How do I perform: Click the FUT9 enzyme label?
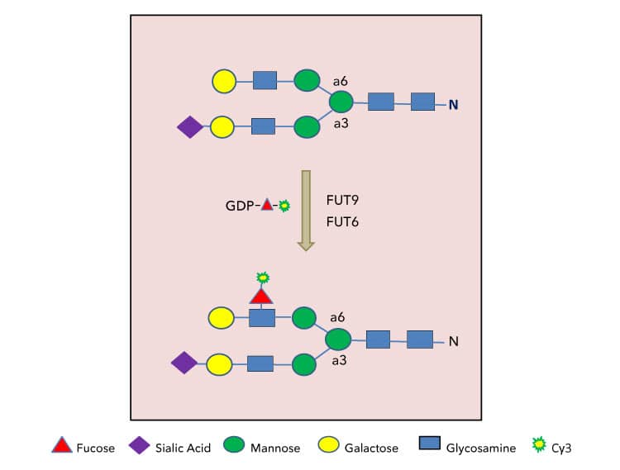click(x=343, y=200)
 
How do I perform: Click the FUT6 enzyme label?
click(x=343, y=222)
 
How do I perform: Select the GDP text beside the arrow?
click(x=241, y=205)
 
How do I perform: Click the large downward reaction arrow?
click(x=306, y=210)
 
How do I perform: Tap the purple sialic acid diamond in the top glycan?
click(x=190, y=127)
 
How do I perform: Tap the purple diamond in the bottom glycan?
click(x=184, y=363)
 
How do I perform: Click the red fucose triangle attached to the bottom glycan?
click(x=261, y=295)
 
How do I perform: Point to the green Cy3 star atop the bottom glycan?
click(x=262, y=277)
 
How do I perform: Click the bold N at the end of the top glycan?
click(x=453, y=104)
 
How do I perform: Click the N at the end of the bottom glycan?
click(x=453, y=340)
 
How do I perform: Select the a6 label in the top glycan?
click(x=340, y=81)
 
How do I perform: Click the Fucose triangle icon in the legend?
click(x=60, y=447)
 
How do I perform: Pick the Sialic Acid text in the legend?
click(x=183, y=448)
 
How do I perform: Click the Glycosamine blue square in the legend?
click(x=429, y=447)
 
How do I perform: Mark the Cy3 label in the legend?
click(x=565, y=448)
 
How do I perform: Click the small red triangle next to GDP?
click(x=267, y=205)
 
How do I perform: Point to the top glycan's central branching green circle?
click(x=341, y=102)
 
